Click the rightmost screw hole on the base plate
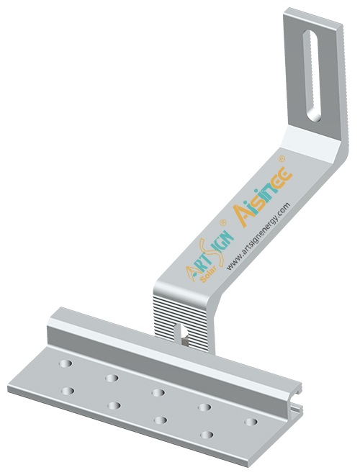click(250, 421)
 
